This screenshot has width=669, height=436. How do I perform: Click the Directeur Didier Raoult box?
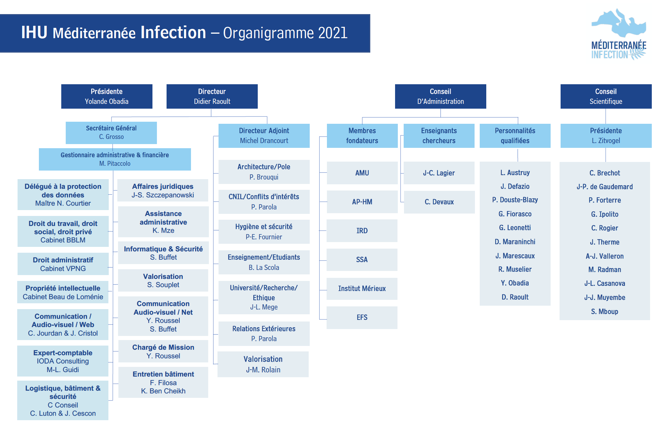212,96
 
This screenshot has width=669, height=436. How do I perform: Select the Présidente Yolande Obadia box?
107,96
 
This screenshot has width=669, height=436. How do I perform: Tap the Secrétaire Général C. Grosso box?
111,133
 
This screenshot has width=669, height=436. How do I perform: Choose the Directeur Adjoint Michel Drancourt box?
264,135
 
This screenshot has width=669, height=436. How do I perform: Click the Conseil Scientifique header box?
606,96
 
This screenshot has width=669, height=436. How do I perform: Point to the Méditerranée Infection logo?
618,35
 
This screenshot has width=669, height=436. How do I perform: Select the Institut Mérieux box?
362,288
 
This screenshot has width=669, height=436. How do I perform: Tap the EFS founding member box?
362,317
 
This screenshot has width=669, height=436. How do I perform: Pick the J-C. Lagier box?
439,173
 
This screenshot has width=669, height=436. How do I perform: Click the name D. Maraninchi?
515,242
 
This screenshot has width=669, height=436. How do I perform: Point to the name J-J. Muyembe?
605,297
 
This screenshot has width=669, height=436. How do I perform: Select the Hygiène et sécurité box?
264,231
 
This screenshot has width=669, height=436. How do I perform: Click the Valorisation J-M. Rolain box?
263,364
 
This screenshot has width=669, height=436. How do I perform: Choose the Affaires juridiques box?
163,190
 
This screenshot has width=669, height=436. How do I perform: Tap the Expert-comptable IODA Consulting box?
63,361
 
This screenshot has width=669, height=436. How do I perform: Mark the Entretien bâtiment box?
163,382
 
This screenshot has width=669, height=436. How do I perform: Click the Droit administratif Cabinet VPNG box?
63,264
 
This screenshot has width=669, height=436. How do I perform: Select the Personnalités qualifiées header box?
515,135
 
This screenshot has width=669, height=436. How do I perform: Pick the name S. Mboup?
605,312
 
